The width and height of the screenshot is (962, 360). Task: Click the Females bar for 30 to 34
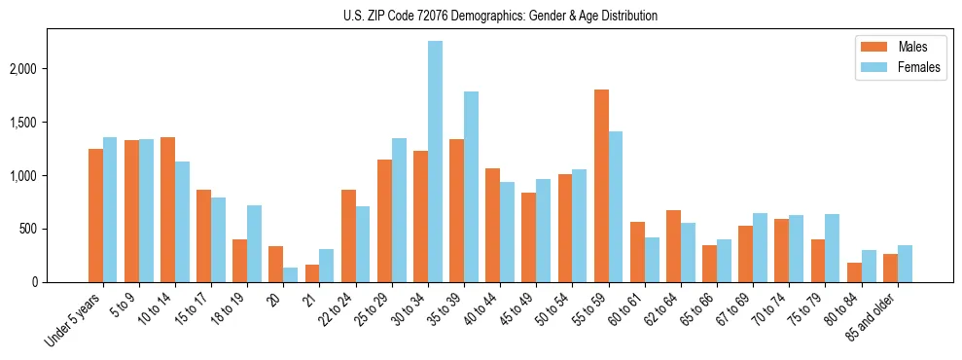point(435,162)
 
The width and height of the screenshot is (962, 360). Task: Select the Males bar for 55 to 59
point(601,186)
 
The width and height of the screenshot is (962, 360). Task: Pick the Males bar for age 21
point(312,273)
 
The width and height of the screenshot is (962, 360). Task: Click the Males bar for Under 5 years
point(95,215)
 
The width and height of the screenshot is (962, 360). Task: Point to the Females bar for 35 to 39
point(471,187)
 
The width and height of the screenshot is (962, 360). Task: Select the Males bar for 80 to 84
point(854,272)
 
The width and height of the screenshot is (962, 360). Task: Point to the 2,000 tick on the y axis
point(35,69)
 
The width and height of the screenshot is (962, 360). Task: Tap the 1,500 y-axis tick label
point(35,123)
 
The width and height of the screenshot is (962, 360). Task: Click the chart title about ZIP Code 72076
point(500,16)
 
